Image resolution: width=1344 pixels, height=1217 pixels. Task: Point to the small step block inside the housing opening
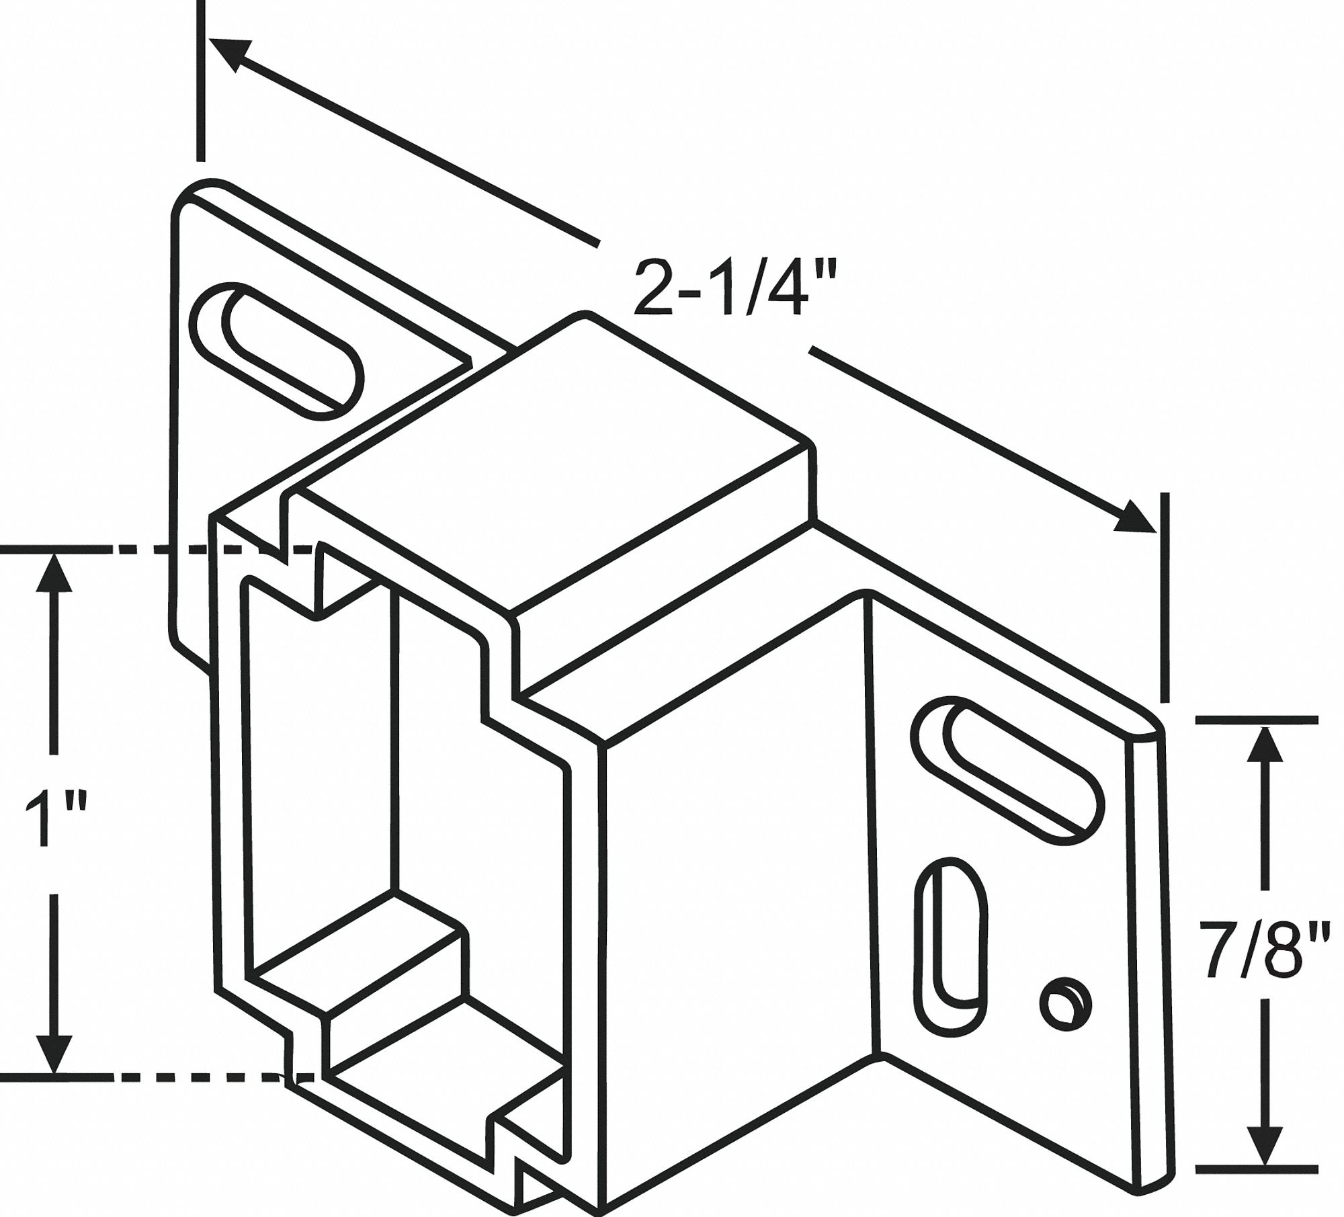tap(363, 988)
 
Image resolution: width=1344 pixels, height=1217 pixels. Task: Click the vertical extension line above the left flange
tap(200, 81)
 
